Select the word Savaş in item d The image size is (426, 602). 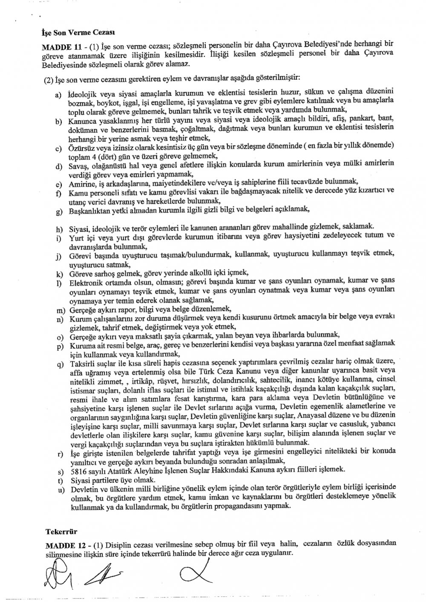coord(77,164)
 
